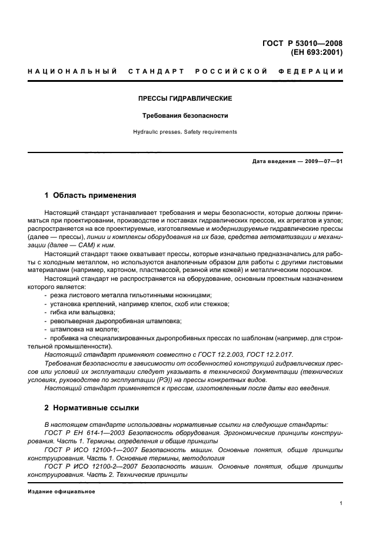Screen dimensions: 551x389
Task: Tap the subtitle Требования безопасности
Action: tap(185, 115)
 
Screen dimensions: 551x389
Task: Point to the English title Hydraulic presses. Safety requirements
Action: tap(185, 132)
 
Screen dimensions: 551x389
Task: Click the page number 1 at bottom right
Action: tap(341, 503)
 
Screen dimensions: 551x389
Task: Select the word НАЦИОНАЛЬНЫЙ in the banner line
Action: tap(69, 71)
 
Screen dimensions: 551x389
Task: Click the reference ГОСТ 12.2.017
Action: tap(267, 354)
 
